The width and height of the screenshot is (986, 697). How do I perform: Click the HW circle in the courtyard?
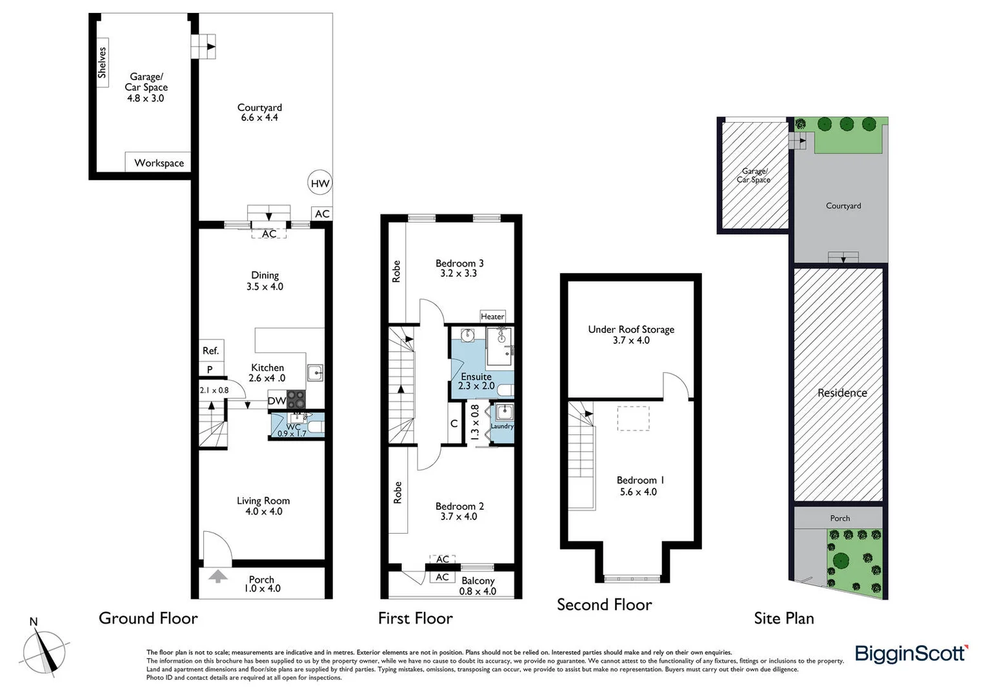pyautogui.click(x=320, y=183)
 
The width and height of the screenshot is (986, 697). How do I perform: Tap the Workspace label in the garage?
pyautogui.click(x=159, y=163)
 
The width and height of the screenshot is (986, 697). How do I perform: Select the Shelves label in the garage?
pyautogui.click(x=102, y=63)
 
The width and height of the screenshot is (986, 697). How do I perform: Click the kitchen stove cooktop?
pyautogui.click(x=296, y=400)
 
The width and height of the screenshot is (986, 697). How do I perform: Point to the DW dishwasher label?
pyautogui.click(x=277, y=401)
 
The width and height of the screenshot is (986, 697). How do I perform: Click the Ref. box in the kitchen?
pyautogui.click(x=211, y=350)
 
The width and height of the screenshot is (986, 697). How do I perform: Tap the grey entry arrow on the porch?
pyautogui.click(x=218, y=576)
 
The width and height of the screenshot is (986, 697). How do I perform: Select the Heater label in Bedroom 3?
pyautogui.click(x=492, y=316)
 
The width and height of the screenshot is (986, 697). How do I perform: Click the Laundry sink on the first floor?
pyautogui.click(x=504, y=412)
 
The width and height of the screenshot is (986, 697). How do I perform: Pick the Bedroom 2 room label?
pyautogui.click(x=459, y=507)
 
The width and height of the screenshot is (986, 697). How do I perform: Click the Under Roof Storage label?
pyautogui.click(x=631, y=330)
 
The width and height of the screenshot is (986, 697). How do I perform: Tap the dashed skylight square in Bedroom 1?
pyautogui.click(x=633, y=418)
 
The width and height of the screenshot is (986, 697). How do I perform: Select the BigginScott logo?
pyautogui.click(x=911, y=654)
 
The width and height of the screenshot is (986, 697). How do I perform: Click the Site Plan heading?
pyautogui.click(x=784, y=619)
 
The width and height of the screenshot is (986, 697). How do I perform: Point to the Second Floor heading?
pyautogui.click(x=605, y=605)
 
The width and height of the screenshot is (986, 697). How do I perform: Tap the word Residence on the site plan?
pyautogui.click(x=842, y=393)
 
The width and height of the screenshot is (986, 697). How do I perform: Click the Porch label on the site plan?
pyautogui.click(x=840, y=518)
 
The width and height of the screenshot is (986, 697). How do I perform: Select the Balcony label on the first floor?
pyautogui.click(x=478, y=581)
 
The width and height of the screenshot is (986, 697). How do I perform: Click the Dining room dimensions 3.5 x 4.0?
pyautogui.click(x=265, y=287)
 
